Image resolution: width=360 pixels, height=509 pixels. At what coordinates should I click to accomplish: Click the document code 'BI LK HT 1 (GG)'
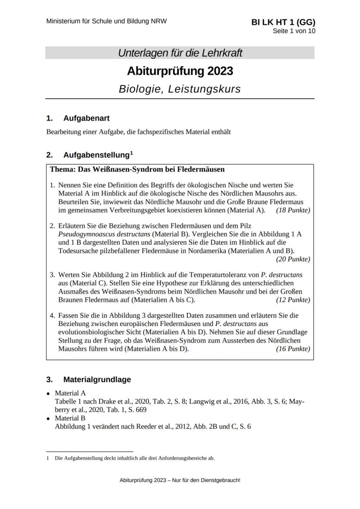[283, 23]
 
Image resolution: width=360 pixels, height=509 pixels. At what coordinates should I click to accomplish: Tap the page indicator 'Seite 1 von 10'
[294, 31]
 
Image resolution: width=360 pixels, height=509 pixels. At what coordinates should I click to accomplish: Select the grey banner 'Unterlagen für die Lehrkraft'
[180, 53]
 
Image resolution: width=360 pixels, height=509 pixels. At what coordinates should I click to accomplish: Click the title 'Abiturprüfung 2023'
[180, 71]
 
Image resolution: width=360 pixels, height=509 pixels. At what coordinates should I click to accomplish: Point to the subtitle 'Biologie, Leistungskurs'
[180, 89]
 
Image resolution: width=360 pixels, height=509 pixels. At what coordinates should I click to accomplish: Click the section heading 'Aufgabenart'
[86, 118]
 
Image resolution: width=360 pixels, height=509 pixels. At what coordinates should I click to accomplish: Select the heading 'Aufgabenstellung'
[97, 155]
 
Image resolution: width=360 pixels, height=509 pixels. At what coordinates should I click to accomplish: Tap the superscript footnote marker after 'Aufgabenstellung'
[131, 153]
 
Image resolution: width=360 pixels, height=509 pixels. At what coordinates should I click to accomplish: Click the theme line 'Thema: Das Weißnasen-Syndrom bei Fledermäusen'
[137, 169]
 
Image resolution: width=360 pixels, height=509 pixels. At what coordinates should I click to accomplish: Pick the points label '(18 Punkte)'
[293, 210]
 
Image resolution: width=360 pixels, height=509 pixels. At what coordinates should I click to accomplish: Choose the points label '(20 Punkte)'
[293, 259]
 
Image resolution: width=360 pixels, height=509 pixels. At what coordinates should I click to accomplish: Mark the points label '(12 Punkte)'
[293, 300]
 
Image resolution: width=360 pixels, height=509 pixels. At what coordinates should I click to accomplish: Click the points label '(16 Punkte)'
[293, 349]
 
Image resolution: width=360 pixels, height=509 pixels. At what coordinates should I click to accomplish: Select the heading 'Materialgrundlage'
[97, 379]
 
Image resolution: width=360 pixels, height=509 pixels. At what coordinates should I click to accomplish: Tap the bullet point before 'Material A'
[48, 394]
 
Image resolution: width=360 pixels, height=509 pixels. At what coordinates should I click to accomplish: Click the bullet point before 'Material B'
[48, 419]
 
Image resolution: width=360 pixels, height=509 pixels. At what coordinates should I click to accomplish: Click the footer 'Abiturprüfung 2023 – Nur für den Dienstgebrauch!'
[180, 480]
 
